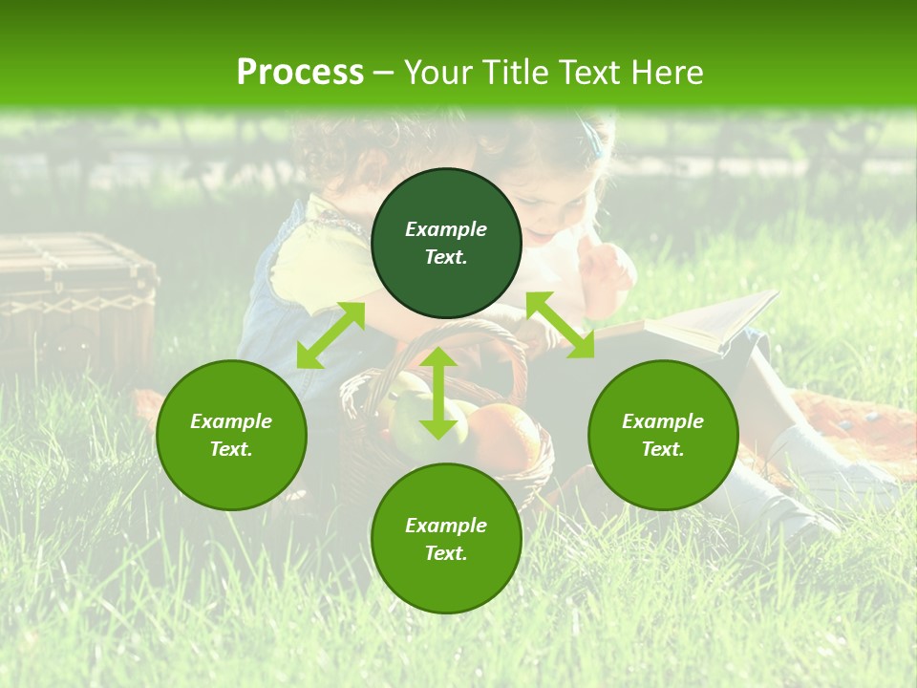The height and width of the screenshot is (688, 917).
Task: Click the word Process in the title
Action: click(300, 72)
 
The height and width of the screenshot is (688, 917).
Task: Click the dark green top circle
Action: click(446, 243)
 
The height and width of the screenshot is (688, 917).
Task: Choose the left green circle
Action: click(231, 435)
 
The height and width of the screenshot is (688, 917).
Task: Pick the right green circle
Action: click(663, 435)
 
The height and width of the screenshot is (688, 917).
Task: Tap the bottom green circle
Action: click(446, 539)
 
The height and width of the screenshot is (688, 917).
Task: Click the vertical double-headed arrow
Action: click(438, 393)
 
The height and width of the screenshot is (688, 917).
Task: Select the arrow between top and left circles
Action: click(331, 334)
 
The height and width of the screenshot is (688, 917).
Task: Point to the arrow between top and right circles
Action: click(560, 325)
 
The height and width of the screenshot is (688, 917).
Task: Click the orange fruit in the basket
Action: click(504, 437)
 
